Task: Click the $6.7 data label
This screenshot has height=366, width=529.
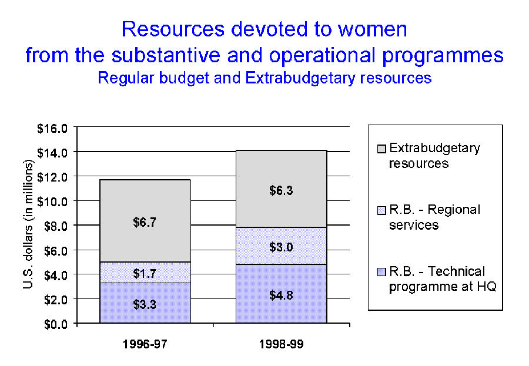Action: [x=145, y=222]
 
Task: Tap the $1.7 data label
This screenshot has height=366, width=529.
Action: [x=145, y=273]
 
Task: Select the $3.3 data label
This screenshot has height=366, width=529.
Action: [x=145, y=304]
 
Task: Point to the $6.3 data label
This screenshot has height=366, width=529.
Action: [x=282, y=190]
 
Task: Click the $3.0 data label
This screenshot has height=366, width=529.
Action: [x=282, y=247]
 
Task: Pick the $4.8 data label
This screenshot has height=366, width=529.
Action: [x=282, y=296]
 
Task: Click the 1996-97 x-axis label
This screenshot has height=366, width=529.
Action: [x=145, y=344]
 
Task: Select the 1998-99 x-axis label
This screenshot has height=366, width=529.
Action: [x=282, y=344]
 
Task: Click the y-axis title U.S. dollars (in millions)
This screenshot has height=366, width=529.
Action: [x=28, y=225]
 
